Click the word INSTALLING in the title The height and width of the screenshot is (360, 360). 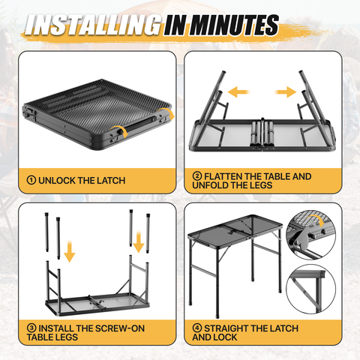(93, 25)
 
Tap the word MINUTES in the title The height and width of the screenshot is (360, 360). (234, 25)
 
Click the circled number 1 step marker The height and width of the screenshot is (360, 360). (31, 180)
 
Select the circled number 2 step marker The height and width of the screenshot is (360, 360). (197, 176)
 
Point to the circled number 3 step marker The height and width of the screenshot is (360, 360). (31, 328)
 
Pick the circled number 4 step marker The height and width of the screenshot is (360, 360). (197, 328)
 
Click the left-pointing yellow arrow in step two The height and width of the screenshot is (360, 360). (238, 92)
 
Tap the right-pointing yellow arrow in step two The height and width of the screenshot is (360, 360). (286, 92)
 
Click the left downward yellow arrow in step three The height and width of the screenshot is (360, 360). (70, 251)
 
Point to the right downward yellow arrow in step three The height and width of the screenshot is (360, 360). (138, 242)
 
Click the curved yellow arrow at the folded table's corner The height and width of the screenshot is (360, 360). (166, 114)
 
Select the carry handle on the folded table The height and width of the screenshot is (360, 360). (140, 124)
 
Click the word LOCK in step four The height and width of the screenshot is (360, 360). (226, 337)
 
